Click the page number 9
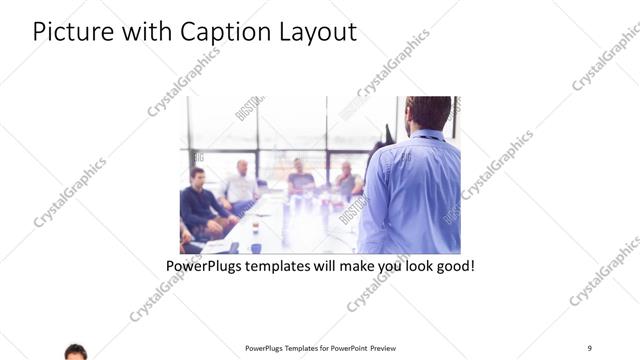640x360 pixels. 590,347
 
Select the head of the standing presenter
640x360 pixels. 429,112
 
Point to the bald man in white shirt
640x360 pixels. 241,185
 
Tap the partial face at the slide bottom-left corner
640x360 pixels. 76,352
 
